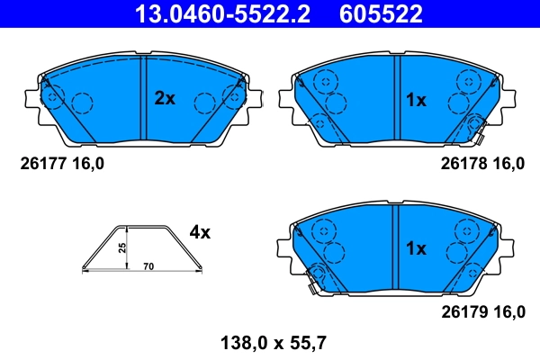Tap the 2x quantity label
[164, 99]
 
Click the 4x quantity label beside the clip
[199, 232]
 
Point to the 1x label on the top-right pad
[415, 100]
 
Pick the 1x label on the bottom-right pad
[415, 247]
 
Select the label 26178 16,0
[481, 164]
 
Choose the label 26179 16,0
[481, 312]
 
